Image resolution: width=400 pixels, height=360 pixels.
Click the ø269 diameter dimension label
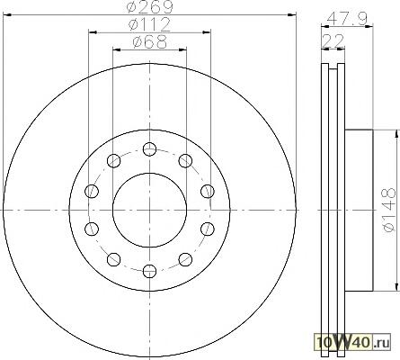[x=149, y=6]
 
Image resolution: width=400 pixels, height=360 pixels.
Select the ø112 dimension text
[x=149, y=25]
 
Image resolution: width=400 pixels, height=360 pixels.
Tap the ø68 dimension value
[x=149, y=42]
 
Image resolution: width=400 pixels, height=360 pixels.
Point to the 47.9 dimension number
[x=347, y=19]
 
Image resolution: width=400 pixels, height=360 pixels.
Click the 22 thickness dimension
[x=333, y=40]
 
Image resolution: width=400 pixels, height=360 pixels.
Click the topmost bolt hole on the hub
[x=149, y=149]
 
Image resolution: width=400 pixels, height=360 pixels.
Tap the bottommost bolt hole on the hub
[x=149, y=271]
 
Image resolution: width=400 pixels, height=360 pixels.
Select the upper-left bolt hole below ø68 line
[x=113, y=160]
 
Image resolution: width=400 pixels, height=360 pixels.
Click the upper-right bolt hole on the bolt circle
[x=185, y=160]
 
